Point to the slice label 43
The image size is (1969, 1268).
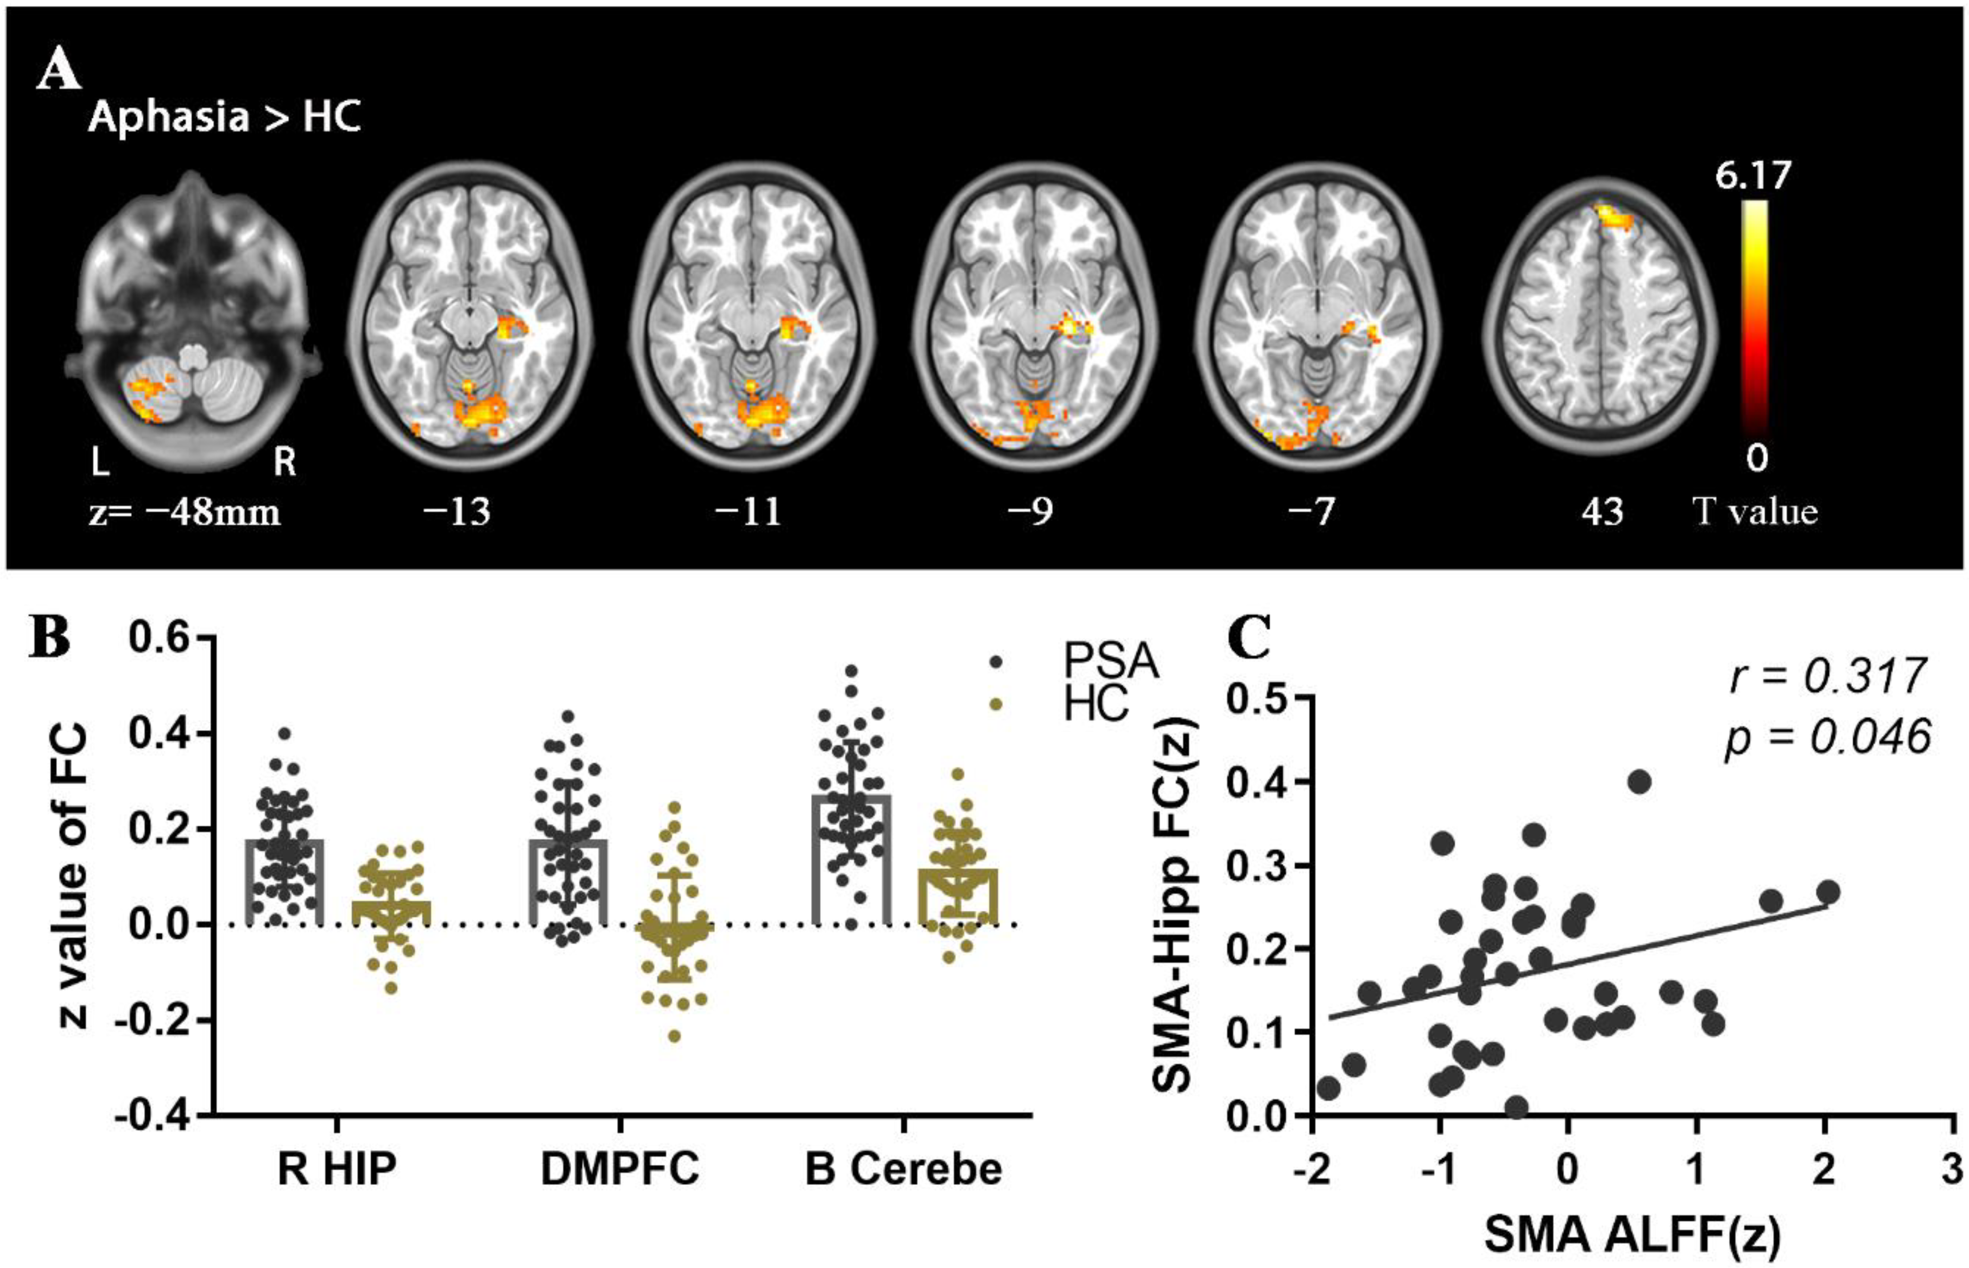coord(1601,512)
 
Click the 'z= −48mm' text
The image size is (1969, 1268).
coord(185,512)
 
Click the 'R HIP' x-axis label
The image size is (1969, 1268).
coord(336,1169)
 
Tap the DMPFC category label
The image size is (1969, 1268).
coord(619,1169)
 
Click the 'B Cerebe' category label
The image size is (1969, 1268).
coord(903,1169)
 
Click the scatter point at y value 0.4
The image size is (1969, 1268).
coord(1639,782)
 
